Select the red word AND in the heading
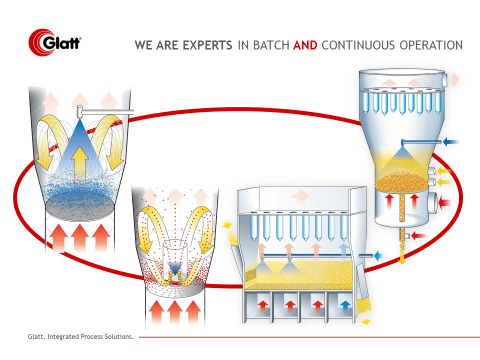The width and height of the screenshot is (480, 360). tap(305, 45)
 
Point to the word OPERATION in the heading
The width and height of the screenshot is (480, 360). tap(431, 45)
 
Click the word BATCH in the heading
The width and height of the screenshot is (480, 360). tap(271, 45)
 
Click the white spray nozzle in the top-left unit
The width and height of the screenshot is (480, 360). tap(80, 110)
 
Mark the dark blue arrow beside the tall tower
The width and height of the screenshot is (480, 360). tap(452, 142)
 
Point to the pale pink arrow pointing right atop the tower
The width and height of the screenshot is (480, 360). tap(454, 79)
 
